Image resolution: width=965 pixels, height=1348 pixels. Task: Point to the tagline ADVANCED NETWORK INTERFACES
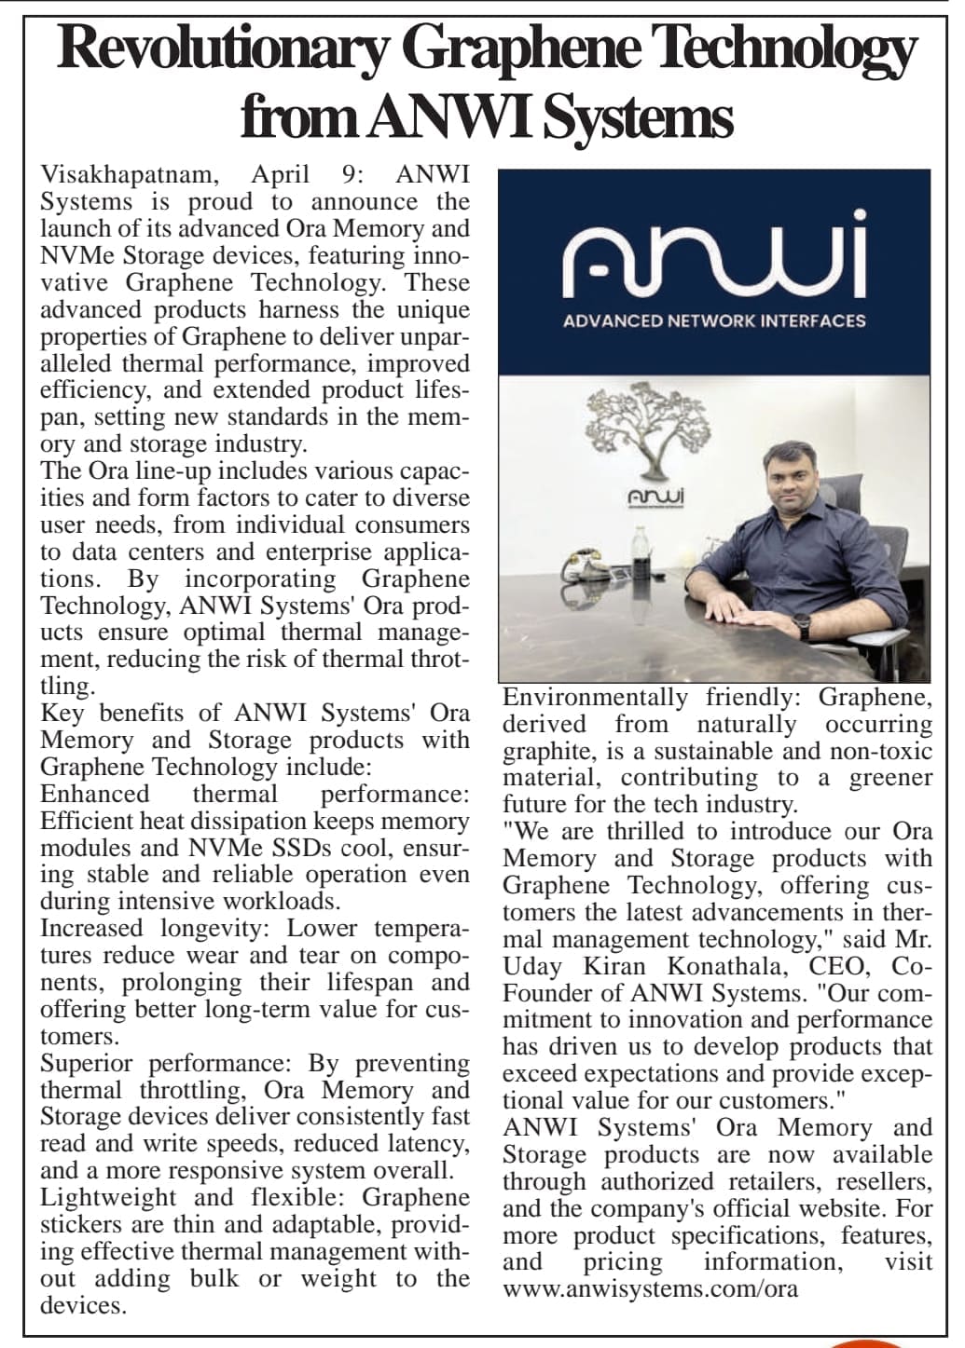[x=714, y=320]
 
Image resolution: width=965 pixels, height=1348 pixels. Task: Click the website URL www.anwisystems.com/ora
[x=650, y=1289]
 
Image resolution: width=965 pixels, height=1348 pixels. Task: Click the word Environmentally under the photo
[x=596, y=698]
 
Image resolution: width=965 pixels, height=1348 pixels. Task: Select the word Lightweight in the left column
[x=108, y=1197]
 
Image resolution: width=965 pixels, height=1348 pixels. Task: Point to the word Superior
[x=87, y=1063]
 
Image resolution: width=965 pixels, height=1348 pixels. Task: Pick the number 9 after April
[x=346, y=175]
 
